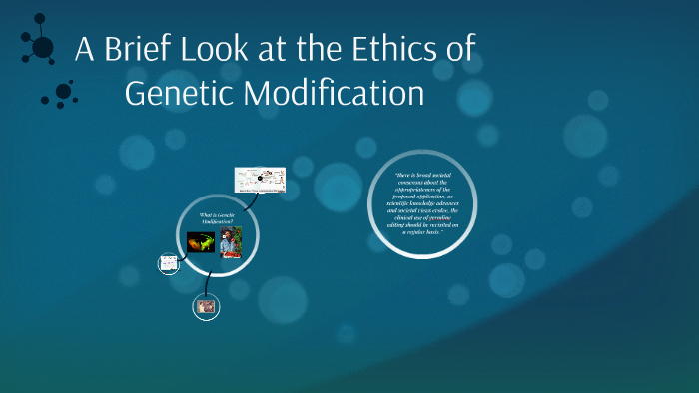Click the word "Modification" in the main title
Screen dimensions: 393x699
335,93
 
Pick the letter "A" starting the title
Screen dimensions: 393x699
85,50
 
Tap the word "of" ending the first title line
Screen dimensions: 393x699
459,50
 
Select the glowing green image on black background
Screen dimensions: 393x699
201,241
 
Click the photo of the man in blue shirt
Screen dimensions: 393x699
231,242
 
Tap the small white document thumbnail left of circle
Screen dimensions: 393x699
168,264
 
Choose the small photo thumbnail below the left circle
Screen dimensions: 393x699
206,307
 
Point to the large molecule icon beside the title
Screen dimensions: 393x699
40,45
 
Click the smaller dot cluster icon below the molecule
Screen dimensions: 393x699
61,94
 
